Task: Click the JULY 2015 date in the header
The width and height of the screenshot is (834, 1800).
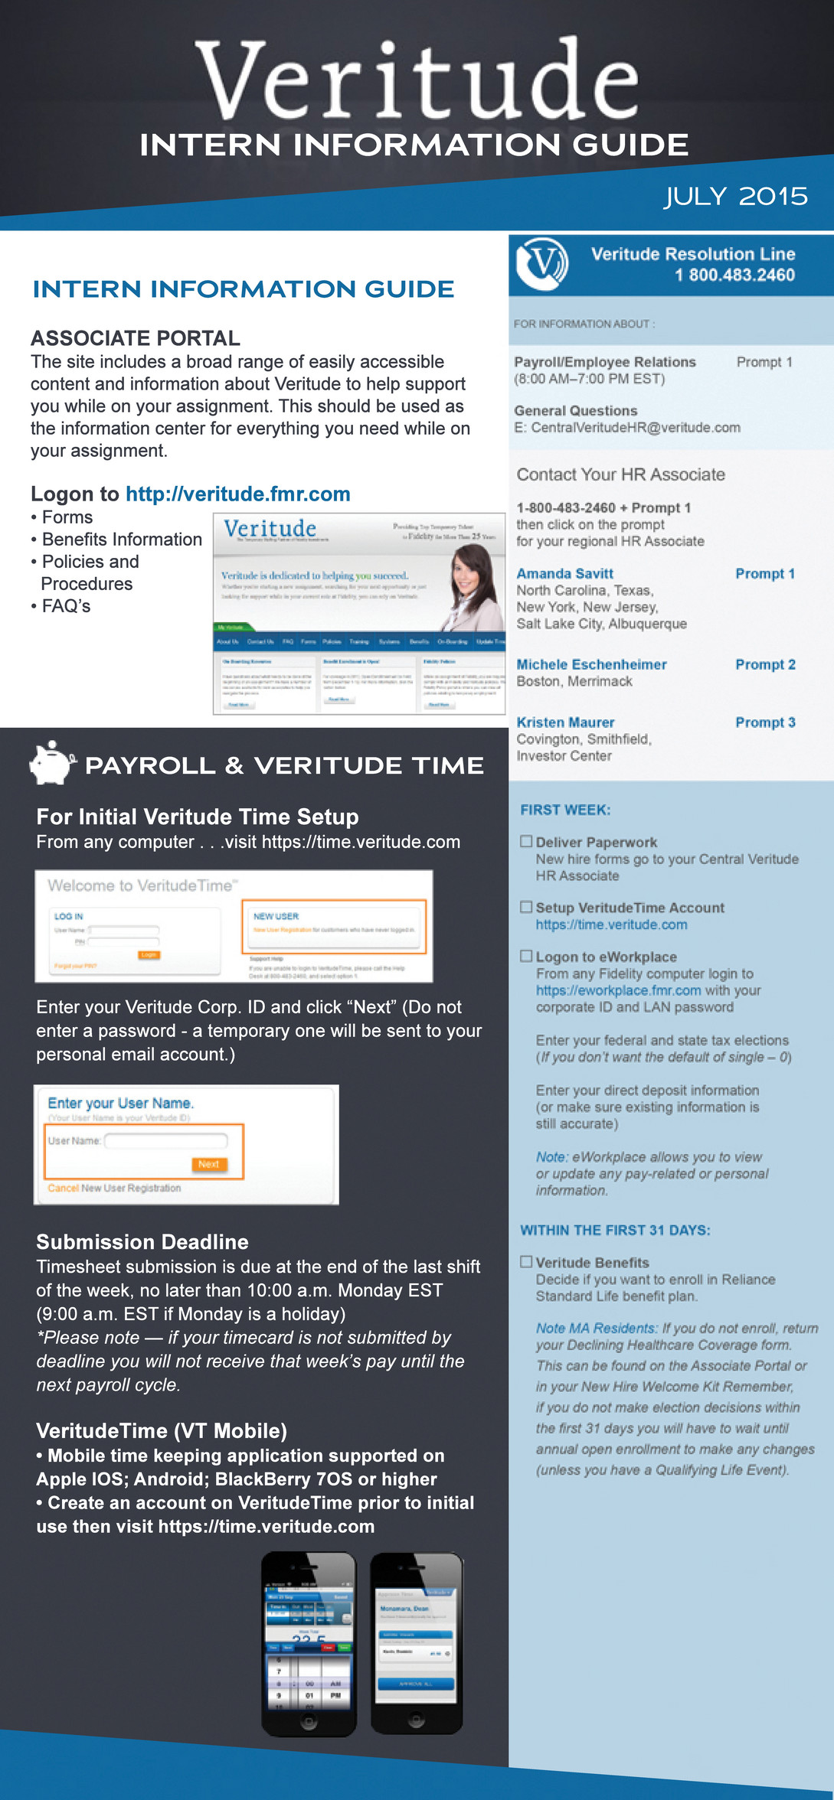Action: [x=735, y=196]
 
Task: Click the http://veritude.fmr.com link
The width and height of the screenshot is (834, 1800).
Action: [x=237, y=494]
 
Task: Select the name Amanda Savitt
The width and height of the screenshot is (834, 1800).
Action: [x=564, y=574]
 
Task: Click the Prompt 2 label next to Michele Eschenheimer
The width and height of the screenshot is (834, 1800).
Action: [x=765, y=664]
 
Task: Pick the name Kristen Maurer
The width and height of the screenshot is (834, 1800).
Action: [x=565, y=722]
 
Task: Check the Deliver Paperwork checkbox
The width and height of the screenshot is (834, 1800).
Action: [x=526, y=842]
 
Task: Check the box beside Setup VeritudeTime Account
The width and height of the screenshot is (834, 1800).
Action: [x=526, y=908]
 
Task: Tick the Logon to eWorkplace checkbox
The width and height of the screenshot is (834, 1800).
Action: [x=526, y=957]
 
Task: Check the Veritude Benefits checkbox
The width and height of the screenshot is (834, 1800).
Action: [x=526, y=1262]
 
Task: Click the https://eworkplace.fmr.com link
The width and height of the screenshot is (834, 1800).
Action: [x=618, y=990]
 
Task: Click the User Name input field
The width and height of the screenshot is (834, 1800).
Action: [x=166, y=1141]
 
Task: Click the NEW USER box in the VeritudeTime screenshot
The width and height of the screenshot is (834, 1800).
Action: [x=334, y=926]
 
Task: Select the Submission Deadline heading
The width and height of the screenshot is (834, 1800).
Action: [x=142, y=1241]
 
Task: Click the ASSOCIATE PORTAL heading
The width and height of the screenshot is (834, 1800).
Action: [x=136, y=338]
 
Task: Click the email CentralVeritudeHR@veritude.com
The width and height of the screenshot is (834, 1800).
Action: [x=635, y=428]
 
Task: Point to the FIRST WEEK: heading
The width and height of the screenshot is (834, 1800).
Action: [x=565, y=810]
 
